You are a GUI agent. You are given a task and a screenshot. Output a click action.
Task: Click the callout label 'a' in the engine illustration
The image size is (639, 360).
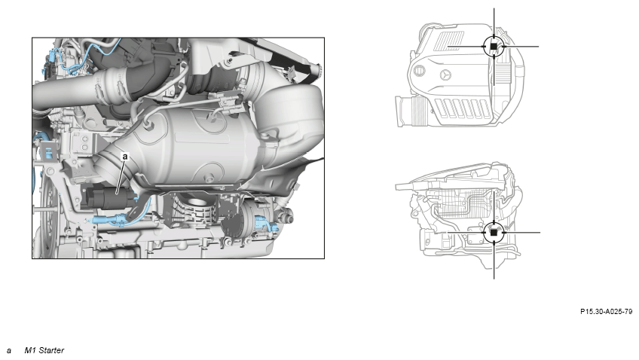coord(125,157)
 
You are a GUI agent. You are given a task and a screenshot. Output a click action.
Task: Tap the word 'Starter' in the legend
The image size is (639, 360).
coord(51,350)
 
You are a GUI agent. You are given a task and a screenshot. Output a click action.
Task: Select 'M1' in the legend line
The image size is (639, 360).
coord(30,350)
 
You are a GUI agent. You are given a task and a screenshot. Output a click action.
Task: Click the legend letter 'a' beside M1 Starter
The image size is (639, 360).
coord(8,351)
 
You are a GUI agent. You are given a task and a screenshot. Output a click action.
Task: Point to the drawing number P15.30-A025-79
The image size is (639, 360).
coord(607,312)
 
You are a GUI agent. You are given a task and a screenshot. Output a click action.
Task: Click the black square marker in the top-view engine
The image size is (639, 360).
coord(494,47)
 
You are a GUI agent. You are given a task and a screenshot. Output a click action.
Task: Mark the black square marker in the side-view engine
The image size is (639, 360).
coord(494,233)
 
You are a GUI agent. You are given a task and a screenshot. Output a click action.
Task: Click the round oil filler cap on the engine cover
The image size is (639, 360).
coord(419,71)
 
